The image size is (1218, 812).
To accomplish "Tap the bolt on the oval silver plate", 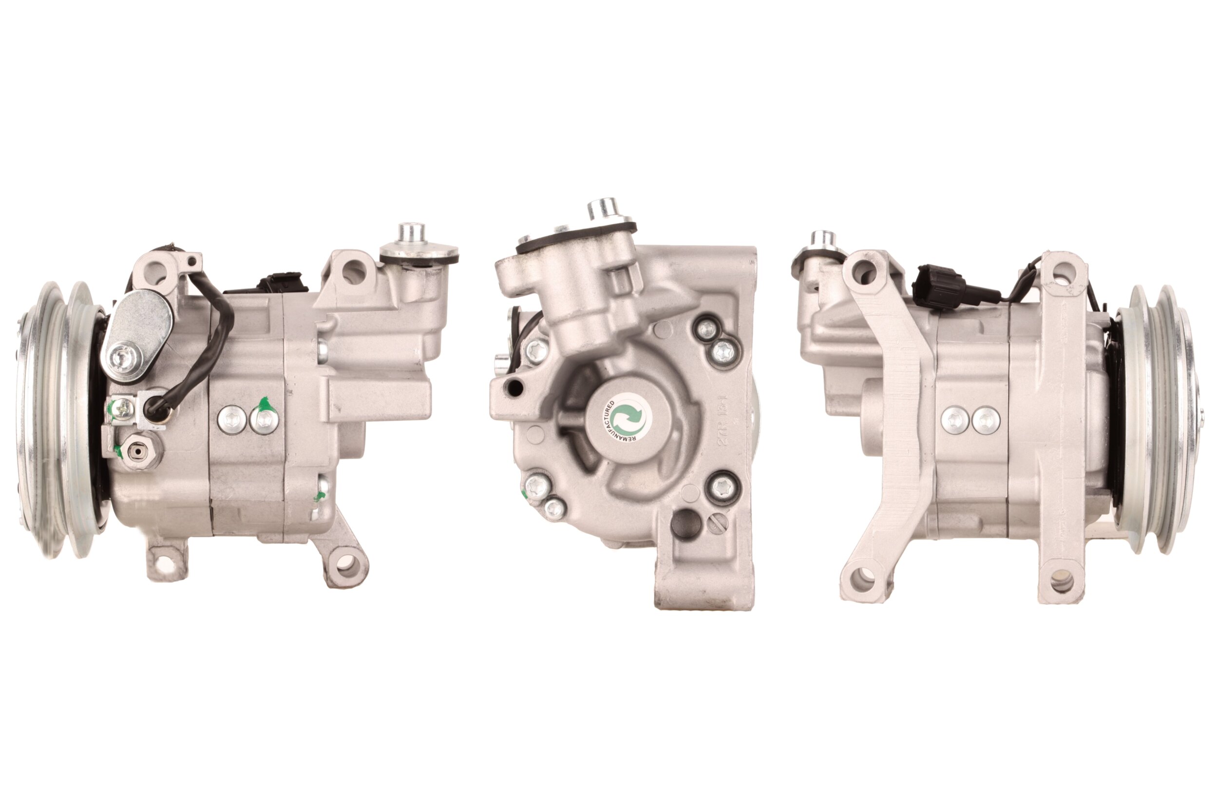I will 126,357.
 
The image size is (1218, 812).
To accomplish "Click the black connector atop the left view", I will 282,282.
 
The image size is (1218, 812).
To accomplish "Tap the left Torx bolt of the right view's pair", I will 955,420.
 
